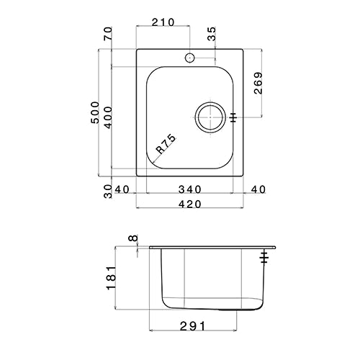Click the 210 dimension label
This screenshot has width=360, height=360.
[163, 22]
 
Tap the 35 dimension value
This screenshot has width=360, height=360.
[211, 34]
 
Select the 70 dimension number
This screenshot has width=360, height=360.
[108, 34]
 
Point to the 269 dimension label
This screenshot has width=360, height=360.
[258, 83]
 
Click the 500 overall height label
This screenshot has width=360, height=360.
[95, 112]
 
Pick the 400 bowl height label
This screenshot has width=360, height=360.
[108, 117]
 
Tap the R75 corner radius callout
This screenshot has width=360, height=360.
[166, 144]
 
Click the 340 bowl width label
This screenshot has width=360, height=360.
[189, 189]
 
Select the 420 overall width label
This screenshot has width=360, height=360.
[189, 204]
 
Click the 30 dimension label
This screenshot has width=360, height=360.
[108, 192]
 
